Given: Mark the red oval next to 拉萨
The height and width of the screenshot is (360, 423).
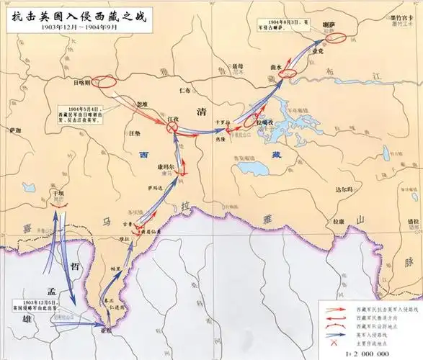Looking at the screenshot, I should coord(335,33).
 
